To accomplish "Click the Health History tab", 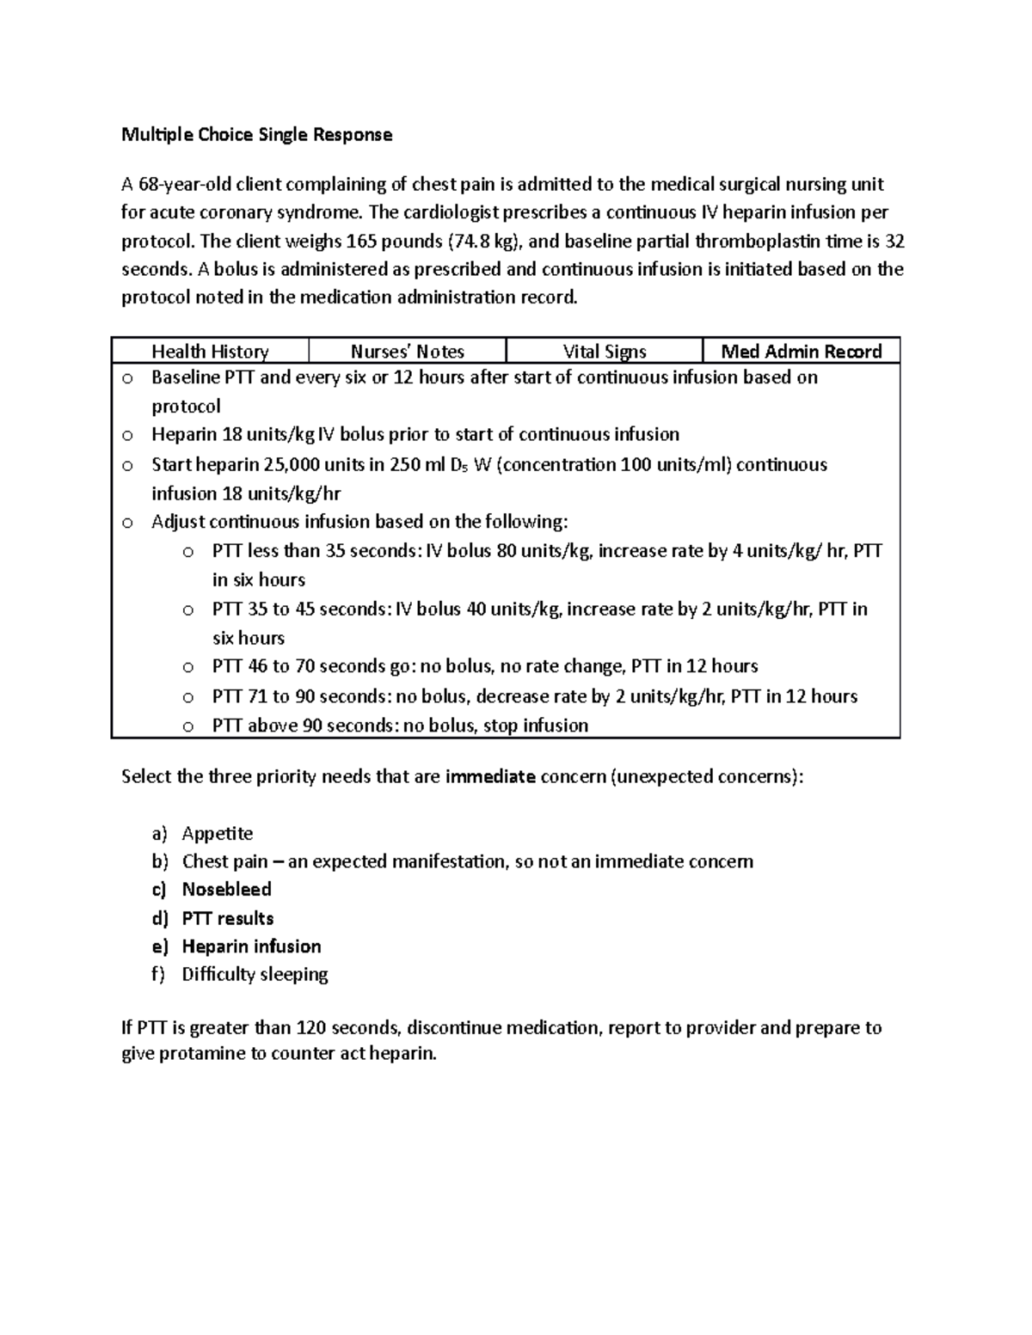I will coord(210,352).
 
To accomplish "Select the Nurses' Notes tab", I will coord(407,352).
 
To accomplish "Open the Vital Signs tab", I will coord(604,352).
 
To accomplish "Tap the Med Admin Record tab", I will coord(801,352).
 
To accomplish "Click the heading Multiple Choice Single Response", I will coord(256,135).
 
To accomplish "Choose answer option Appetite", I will coord(217,834).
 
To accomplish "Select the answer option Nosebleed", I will coord(226,890).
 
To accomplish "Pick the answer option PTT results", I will coord(227,918).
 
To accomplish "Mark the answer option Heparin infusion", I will coord(251,946).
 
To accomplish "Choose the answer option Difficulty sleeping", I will coord(255,975).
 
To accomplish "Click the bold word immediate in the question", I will coord(490,777).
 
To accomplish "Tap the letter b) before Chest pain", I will coord(160,861).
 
